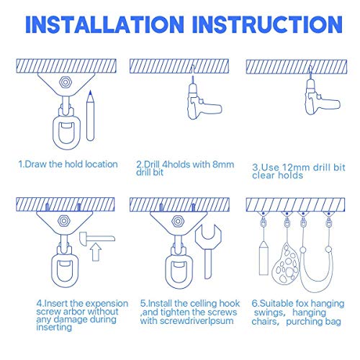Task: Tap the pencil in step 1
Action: tap(90, 115)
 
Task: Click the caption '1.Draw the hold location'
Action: tap(68, 164)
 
